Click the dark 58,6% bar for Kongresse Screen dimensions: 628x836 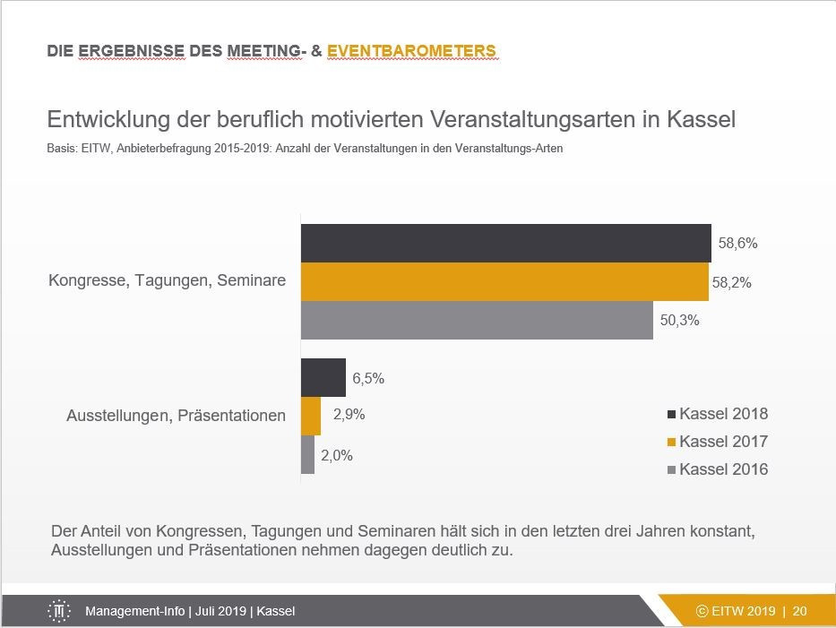(x=505, y=243)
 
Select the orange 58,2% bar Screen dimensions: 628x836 (x=504, y=282)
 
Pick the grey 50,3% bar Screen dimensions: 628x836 (x=477, y=321)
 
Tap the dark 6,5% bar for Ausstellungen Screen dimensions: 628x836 (x=323, y=377)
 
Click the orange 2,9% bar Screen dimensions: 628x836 (x=310, y=416)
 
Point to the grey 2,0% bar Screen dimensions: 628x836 (x=307, y=454)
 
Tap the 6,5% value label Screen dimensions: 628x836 (x=368, y=378)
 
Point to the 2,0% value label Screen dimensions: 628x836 (x=337, y=455)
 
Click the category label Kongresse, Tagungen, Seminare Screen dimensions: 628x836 (x=167, y=280)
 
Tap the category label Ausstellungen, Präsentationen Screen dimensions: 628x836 (x=176, y=416)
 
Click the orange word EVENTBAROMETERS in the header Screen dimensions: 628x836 (x=411, y=51)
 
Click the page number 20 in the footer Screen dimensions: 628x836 (x=799, y=611)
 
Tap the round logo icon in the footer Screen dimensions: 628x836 (x=59, y=611)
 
